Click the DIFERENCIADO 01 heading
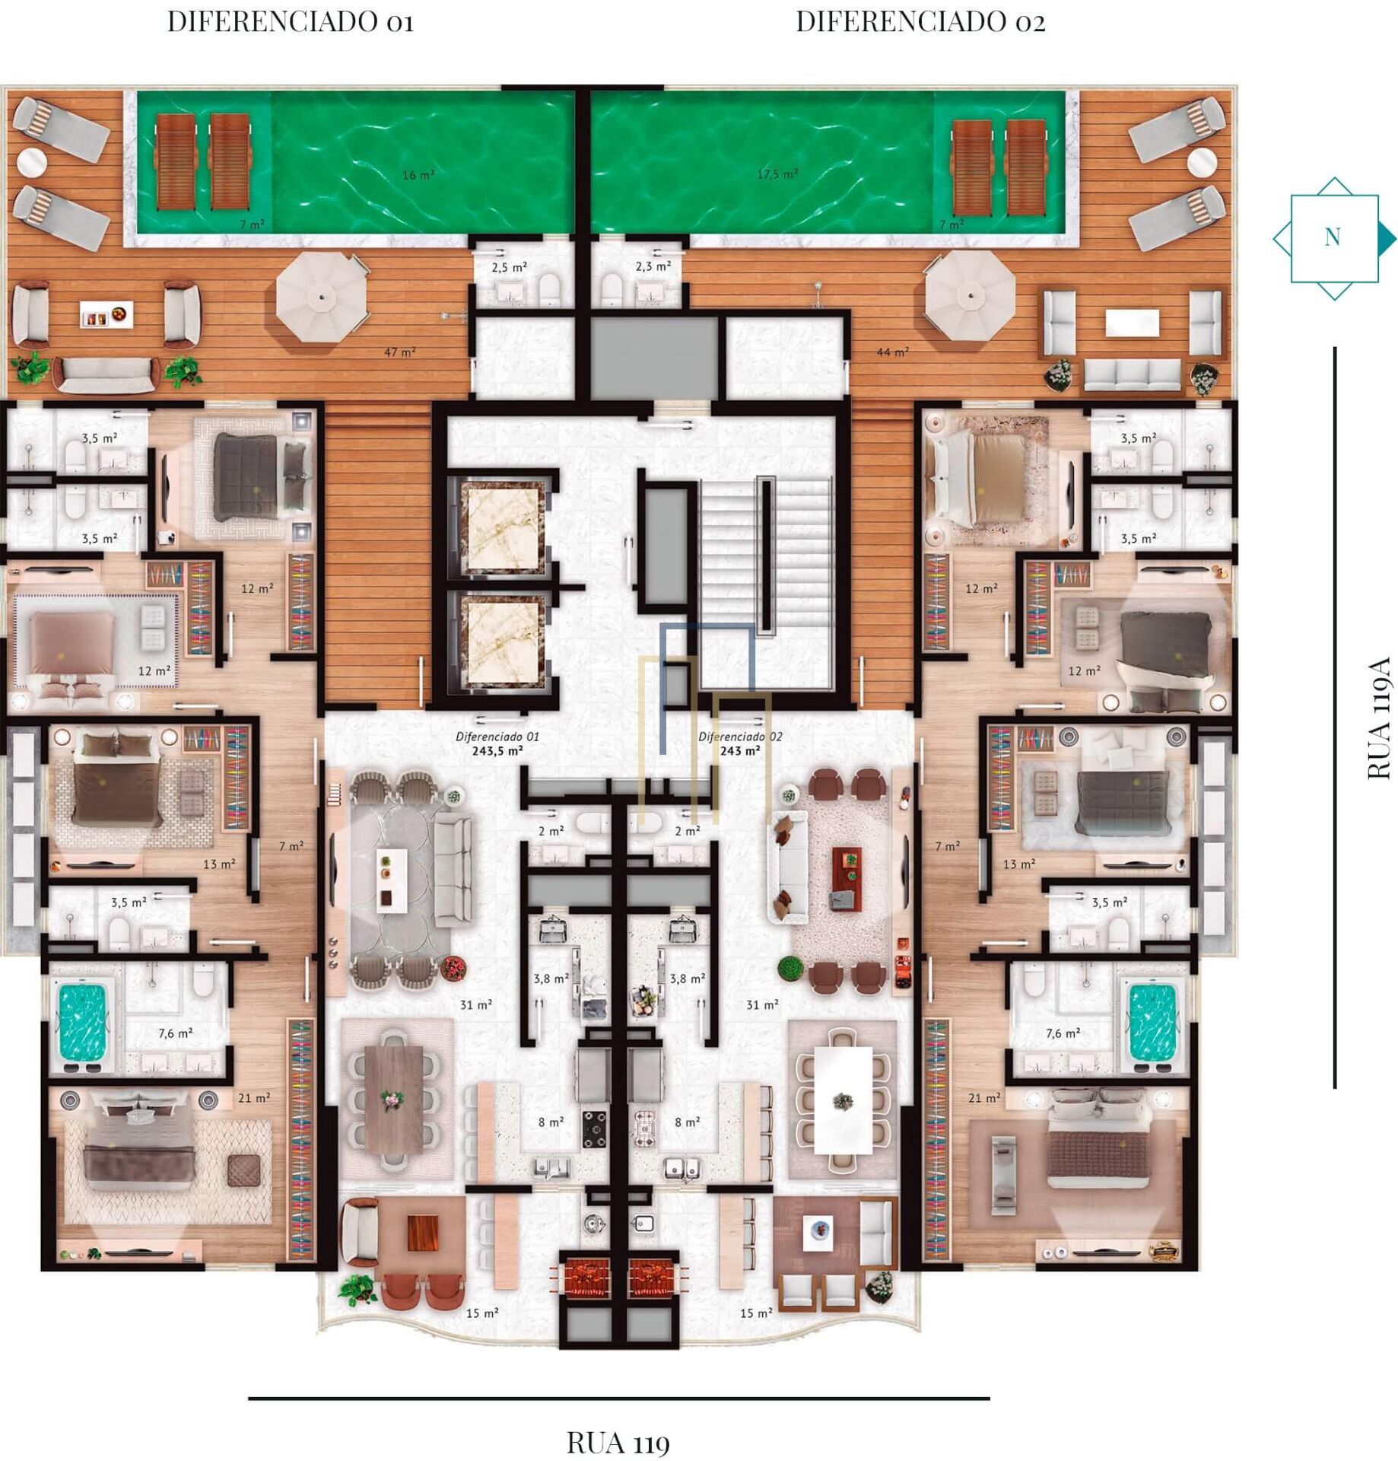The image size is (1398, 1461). (x=291, y=22)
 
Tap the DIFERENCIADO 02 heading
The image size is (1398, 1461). (x=920, y=22)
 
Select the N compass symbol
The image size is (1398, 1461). (x=1334, y=238)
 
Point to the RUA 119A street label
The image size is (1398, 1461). (x=1378, y=718)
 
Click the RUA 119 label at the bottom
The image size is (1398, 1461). (x=618, y=1442)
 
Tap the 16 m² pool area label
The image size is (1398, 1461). (x=418, y=175)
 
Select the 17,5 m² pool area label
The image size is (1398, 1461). (x=777, y=174)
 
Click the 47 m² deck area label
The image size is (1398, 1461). (x=399, y=352)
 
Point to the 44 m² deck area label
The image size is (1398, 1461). (x=893, y=352)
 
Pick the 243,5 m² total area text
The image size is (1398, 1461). (x=497, y=750)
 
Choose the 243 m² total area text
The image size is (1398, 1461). (x=740, y=750)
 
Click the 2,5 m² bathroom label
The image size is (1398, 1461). (x=510, y=268)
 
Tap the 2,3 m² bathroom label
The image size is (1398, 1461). (x=653, y=266)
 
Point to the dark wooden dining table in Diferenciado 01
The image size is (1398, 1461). (x=393, y=1099)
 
